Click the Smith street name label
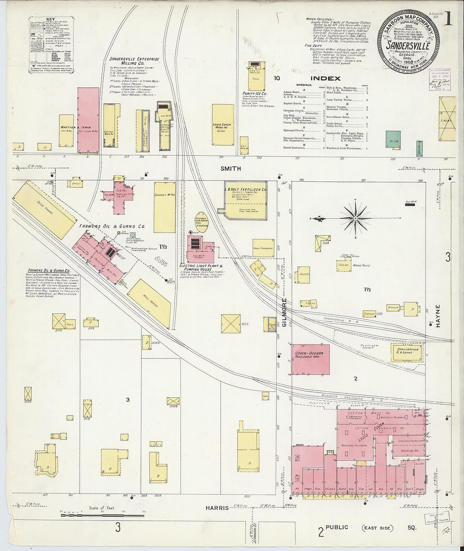click(231, 168)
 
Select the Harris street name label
click(217, 508)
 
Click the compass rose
click(355, 218)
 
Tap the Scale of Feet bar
click(102, 515)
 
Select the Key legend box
click(51, 45)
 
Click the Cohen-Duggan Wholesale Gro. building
click(310, 359)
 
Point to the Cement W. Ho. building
click(165, 207)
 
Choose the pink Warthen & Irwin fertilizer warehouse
click(88, 120)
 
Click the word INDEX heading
click(325, 78)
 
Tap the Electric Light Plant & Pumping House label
click(201, 268)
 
